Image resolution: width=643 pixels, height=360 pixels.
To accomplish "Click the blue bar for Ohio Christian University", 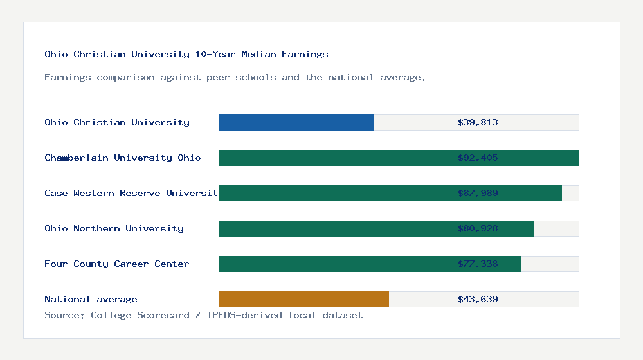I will pos(296,122).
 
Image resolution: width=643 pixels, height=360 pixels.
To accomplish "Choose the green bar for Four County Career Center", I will pos(334,264).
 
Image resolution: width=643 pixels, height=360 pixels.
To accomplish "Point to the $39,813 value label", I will pos(478,122).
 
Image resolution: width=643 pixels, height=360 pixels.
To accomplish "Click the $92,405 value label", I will pos(478,157).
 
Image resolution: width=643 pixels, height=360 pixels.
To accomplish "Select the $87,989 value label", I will pos(478,193).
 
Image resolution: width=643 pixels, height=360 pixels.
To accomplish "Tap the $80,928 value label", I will pos(478,228).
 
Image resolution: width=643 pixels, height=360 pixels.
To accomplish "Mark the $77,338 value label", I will pos(478,264).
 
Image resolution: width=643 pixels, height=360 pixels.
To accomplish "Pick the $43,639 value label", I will pos(478,299).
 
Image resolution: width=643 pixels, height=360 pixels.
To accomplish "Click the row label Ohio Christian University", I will pos(117,122).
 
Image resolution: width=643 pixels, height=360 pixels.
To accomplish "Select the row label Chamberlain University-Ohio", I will pos(123,157).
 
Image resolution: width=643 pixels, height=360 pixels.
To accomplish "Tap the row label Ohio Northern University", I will pos(114,228).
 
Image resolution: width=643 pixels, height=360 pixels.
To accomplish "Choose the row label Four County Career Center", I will pos(117,264).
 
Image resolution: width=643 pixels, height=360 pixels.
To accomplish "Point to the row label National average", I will pos(91,299).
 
